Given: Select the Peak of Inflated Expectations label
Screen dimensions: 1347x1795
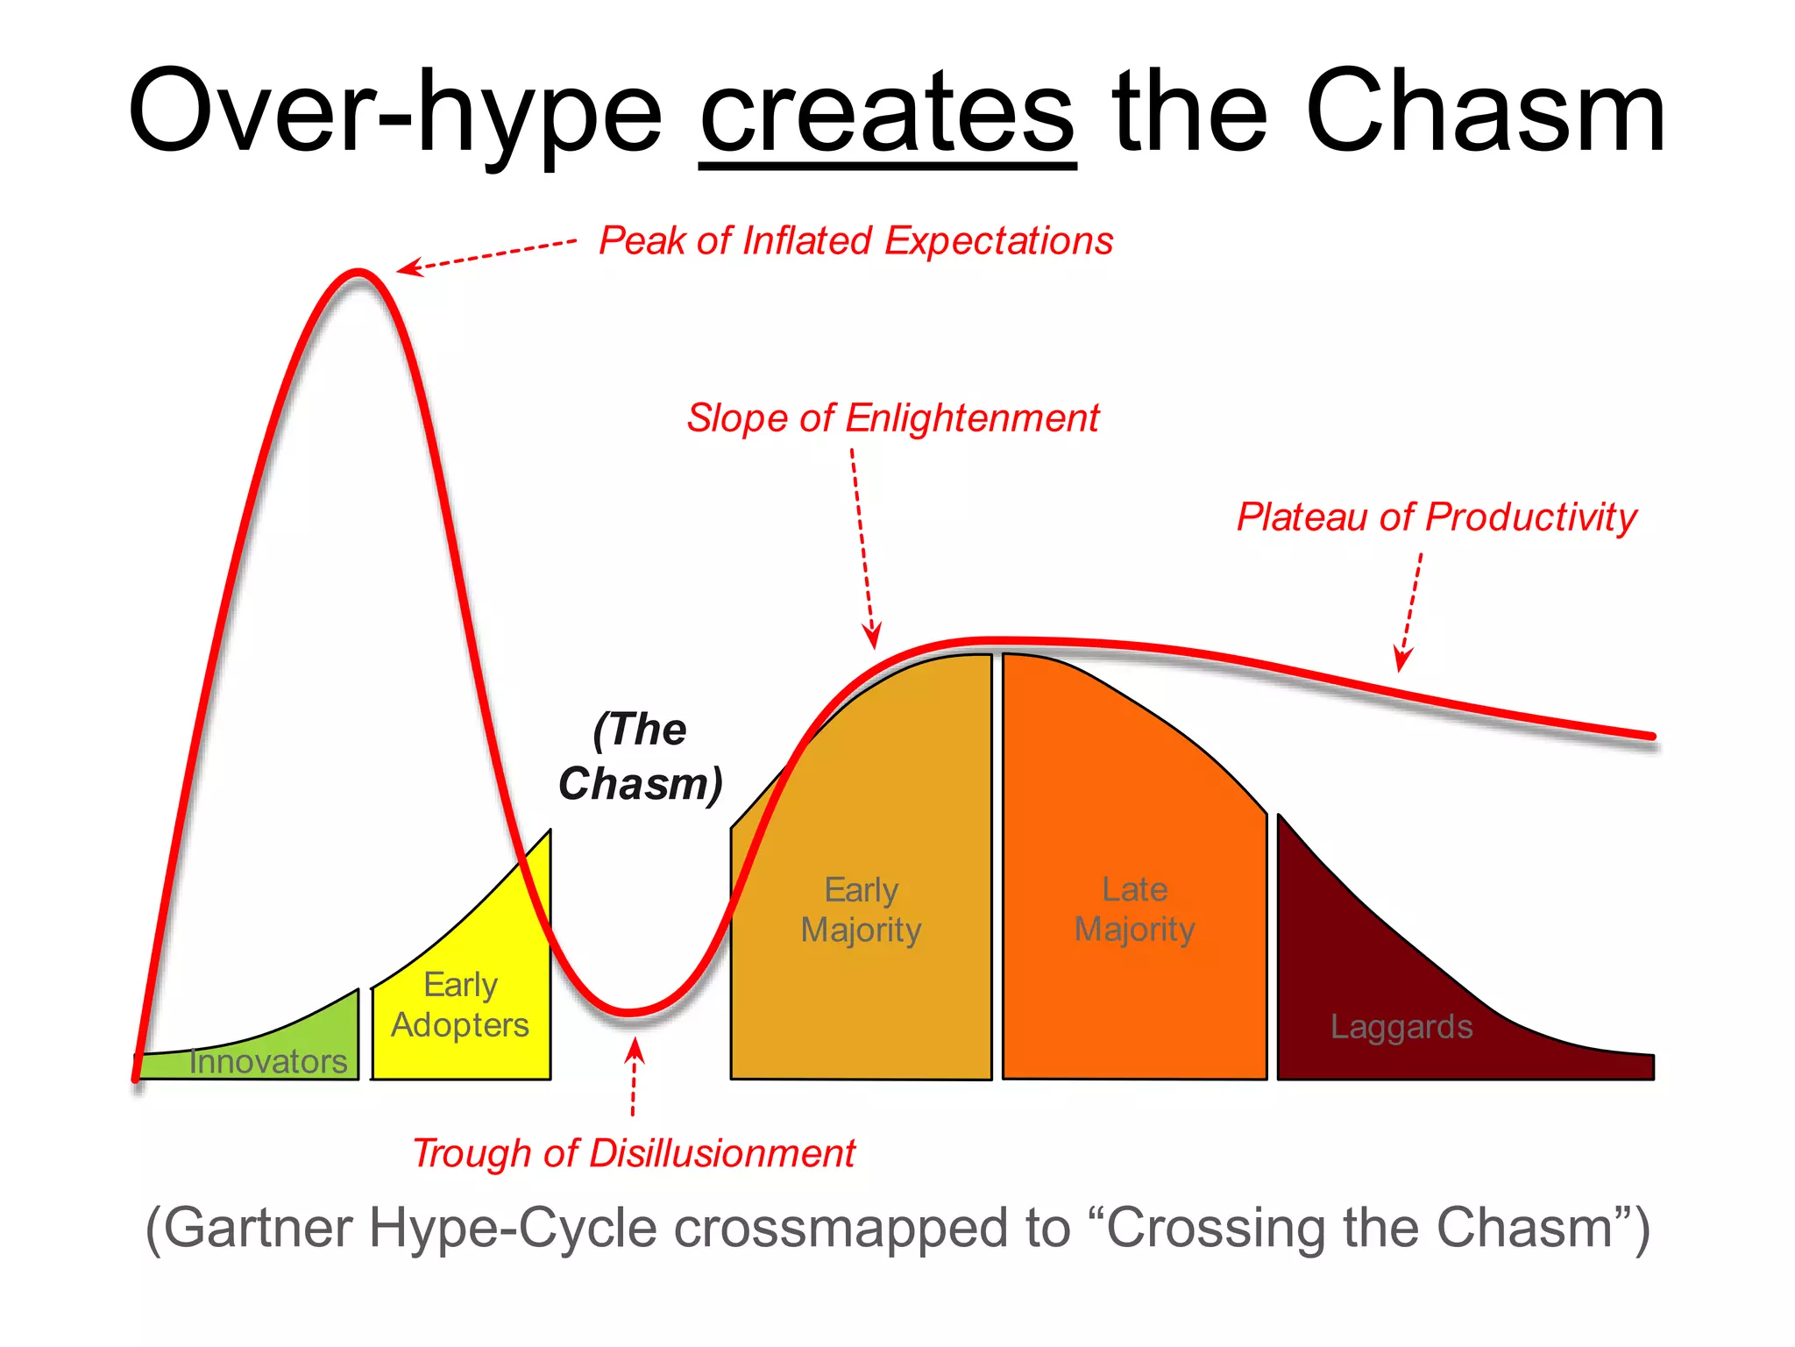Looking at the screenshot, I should point(855,241).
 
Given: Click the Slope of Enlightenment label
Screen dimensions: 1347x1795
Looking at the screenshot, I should point(892,418).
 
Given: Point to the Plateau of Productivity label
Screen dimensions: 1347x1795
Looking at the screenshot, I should point(1436,517).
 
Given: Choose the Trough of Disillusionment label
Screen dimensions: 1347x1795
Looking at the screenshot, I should point(633,1153).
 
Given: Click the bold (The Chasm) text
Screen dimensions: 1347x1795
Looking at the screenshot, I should point(640,756).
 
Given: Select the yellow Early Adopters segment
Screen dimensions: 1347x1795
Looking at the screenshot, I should point(460,1005).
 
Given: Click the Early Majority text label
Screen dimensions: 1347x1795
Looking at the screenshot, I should point(861,909).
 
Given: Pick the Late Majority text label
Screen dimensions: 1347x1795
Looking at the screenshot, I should point(1134,909).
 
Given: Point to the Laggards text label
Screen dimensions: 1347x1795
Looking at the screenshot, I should point(1401,1027).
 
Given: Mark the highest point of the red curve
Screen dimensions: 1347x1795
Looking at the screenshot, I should point(358,274).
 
